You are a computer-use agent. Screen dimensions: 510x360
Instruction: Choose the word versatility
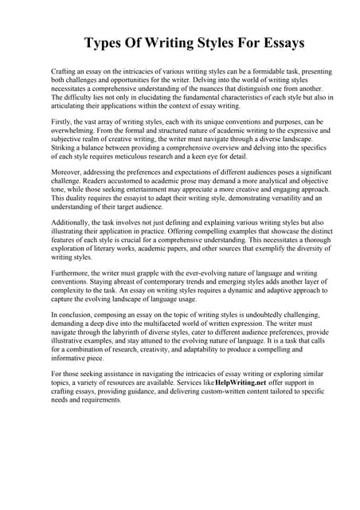point(265,198)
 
